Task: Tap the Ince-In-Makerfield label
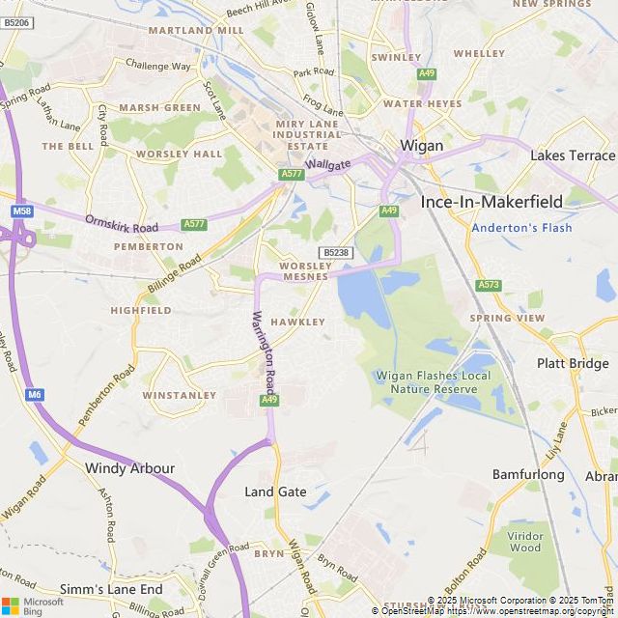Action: click(491, 202)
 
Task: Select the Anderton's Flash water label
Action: click(521, 228)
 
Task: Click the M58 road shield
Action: click(21, 211)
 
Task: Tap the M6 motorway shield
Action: click(36, 394)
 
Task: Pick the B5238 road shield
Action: click(335, 252)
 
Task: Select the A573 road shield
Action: click(489, 285)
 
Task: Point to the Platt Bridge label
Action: click(573, 363)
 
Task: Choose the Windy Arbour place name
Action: click(130, 468)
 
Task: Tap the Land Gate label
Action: click(275, 492)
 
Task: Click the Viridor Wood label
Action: click(525, 542)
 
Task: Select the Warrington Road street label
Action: click(264, 349)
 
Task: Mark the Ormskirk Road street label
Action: click(121, 225)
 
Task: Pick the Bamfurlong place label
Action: click(528, 475)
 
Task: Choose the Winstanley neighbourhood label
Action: click(180, 395)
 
